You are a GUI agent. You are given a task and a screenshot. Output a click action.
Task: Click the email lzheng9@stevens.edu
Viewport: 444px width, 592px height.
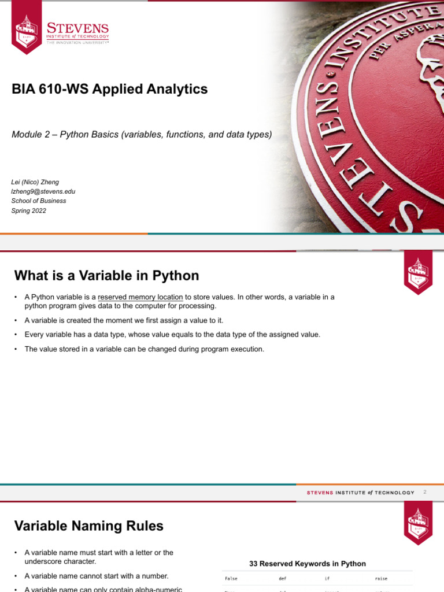[x=43, y=191]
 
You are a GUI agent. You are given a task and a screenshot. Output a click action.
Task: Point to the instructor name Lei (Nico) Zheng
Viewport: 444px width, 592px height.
[x=35, y=182]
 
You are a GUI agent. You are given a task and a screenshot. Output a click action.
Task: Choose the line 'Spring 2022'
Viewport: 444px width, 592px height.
[x=29, y=210]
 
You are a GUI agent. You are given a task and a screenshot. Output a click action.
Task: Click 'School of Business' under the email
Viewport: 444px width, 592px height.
[x=39, y=201]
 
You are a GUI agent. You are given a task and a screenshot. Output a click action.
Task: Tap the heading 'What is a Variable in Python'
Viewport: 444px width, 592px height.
[x=106, y=275]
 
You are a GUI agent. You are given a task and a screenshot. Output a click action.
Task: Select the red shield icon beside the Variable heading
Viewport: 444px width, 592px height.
[x=418, y=271]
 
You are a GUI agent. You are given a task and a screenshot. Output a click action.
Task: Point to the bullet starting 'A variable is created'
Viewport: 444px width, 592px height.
[x=124, y=320]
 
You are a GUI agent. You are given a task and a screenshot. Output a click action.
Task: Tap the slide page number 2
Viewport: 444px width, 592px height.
[x=424, y=492]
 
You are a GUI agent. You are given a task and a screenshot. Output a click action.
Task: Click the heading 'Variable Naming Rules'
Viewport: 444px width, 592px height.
[x=88, y=526]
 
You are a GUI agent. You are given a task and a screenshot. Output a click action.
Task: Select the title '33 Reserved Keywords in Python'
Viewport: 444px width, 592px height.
[x=307, y=564]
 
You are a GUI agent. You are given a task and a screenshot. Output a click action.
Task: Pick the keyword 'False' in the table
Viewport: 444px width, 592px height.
[x=231, y=578]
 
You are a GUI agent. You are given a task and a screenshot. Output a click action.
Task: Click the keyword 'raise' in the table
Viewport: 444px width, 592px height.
[x=381, y=578]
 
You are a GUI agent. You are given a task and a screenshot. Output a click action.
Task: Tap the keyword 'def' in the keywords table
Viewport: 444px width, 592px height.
[x=282, y=578]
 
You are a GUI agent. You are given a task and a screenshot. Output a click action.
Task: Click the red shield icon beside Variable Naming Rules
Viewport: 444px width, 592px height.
[x=418, y=523]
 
